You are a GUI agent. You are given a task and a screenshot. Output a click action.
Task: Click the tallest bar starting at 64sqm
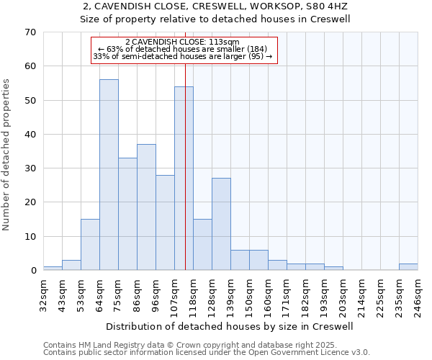click(x=109, y=175)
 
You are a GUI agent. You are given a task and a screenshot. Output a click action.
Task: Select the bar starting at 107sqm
click(x=184, y=179)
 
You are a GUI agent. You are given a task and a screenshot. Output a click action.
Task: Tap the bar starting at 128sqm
click(x=221, y=224)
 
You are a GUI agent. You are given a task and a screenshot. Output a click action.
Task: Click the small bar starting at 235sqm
click(x=408, y=267)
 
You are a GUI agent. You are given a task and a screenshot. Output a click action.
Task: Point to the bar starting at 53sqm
click(x=90, y=245)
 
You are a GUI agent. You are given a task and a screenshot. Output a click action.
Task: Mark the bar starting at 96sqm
click(x=165, y=222)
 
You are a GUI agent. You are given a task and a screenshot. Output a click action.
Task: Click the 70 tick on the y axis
click(x=30, y=32)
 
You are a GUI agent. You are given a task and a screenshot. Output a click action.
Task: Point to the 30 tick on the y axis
click(x=30, y=168)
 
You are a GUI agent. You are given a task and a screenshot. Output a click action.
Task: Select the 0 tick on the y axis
click(x=33, y=271)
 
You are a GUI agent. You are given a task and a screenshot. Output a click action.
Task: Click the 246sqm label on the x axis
click(x=418, y=296)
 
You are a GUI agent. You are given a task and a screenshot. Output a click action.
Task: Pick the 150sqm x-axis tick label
click(x=249, y=296)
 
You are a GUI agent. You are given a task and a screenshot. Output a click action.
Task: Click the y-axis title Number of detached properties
click(x=6, y=155)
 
